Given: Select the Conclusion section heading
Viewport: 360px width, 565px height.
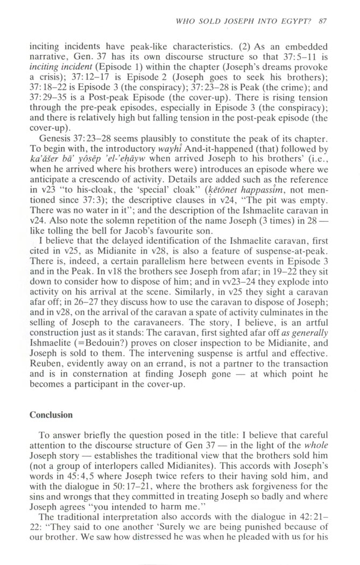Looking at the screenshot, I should tap(51, 415).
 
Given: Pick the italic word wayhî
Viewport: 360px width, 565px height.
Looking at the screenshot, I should tap(150, 149).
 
